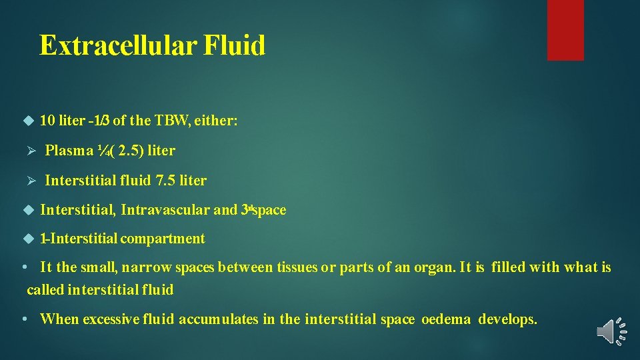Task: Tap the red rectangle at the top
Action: pos(565,30)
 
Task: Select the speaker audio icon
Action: pos(612,331)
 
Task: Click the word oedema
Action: pos(447,319)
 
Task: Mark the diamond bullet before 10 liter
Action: pos(28,121)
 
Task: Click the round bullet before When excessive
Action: pos(24,319)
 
